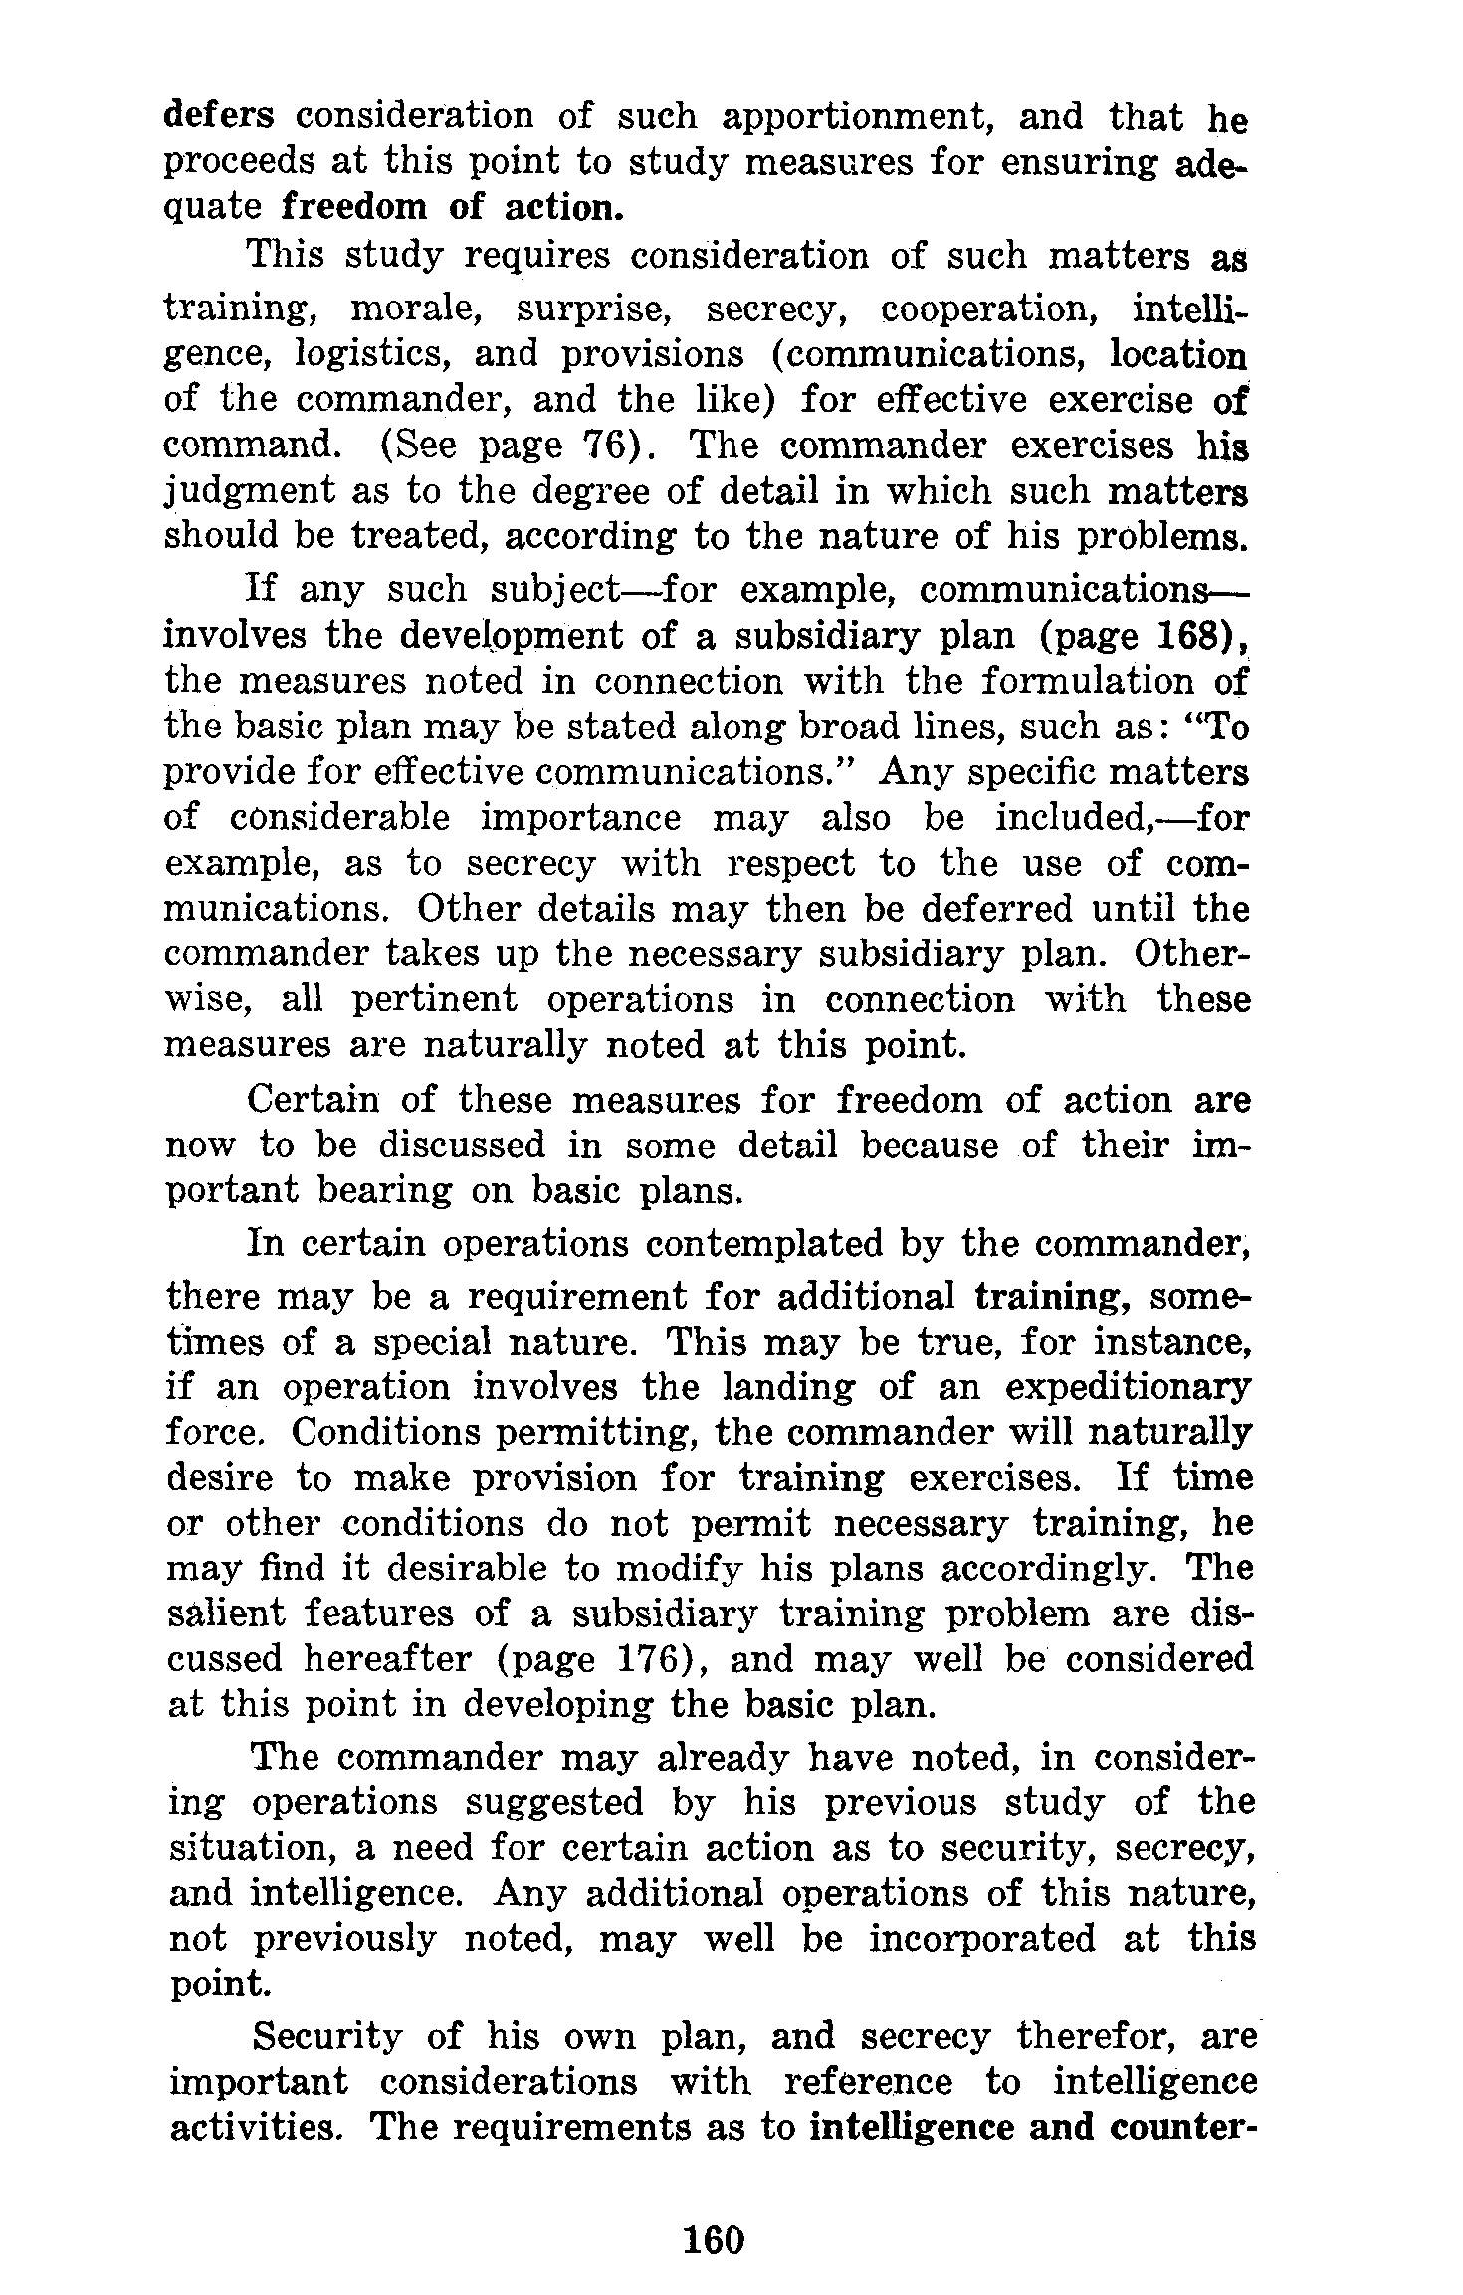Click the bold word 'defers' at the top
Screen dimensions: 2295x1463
(219, 116)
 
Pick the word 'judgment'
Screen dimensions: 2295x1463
(250, 492)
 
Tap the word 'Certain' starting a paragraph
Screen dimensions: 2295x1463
(313, 1100)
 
